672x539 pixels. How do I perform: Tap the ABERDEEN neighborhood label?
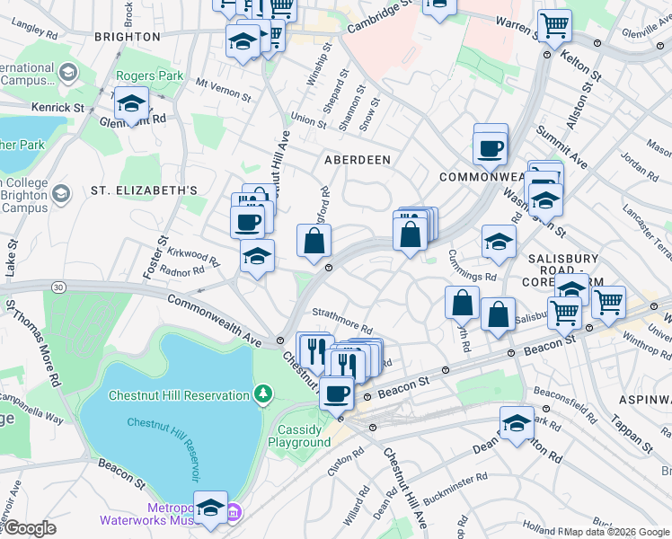point(358,160)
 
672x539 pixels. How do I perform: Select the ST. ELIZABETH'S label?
point(144,190)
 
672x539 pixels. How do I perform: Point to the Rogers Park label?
point(149,76)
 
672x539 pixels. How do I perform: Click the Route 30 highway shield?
point(58,287)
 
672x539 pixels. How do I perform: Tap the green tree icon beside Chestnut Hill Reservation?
point(262,393)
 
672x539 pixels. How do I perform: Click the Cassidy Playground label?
point(298,436)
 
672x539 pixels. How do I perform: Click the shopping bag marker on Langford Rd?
point(314,241)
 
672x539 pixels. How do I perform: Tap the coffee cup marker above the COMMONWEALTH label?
point(490,147)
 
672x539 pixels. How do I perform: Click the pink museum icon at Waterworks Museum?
point(234,512)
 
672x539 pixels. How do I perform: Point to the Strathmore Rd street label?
point(342,320)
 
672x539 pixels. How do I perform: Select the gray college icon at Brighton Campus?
point(61,193)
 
